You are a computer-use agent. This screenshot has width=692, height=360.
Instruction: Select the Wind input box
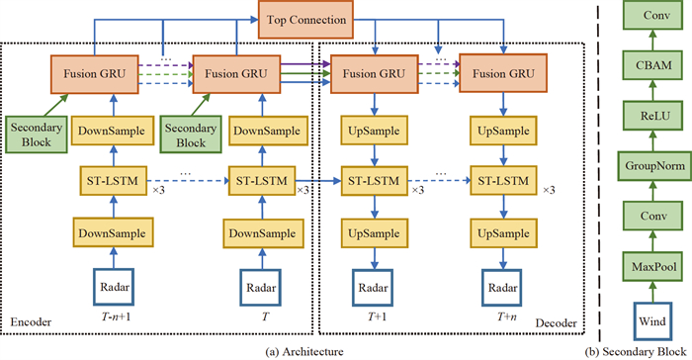coord(652,320)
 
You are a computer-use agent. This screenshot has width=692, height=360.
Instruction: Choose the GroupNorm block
coord(652,164)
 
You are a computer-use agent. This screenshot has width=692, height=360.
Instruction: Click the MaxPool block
coord(652,269)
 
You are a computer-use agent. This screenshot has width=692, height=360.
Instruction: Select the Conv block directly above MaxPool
coord(652,217)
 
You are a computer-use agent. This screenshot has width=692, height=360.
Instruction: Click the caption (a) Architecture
coord(298,351)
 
